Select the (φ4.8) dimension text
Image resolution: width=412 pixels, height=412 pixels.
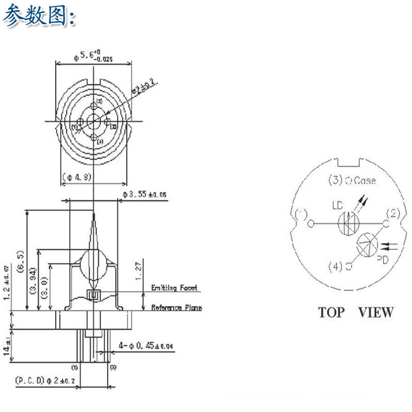click(77, 177)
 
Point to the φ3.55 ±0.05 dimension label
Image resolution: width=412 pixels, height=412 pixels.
click(145, 195)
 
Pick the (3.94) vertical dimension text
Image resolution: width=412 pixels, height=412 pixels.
click(33, 281)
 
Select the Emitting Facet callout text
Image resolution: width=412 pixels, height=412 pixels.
click(174, 288)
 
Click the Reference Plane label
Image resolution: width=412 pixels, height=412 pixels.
click(176, 308)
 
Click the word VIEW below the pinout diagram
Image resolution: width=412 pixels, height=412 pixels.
click(375, 312)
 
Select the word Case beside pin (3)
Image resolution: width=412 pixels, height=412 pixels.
click(366, 181)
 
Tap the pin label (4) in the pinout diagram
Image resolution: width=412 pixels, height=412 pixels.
click(335, 266)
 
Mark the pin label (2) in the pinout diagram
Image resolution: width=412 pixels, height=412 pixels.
click(392, 213)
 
